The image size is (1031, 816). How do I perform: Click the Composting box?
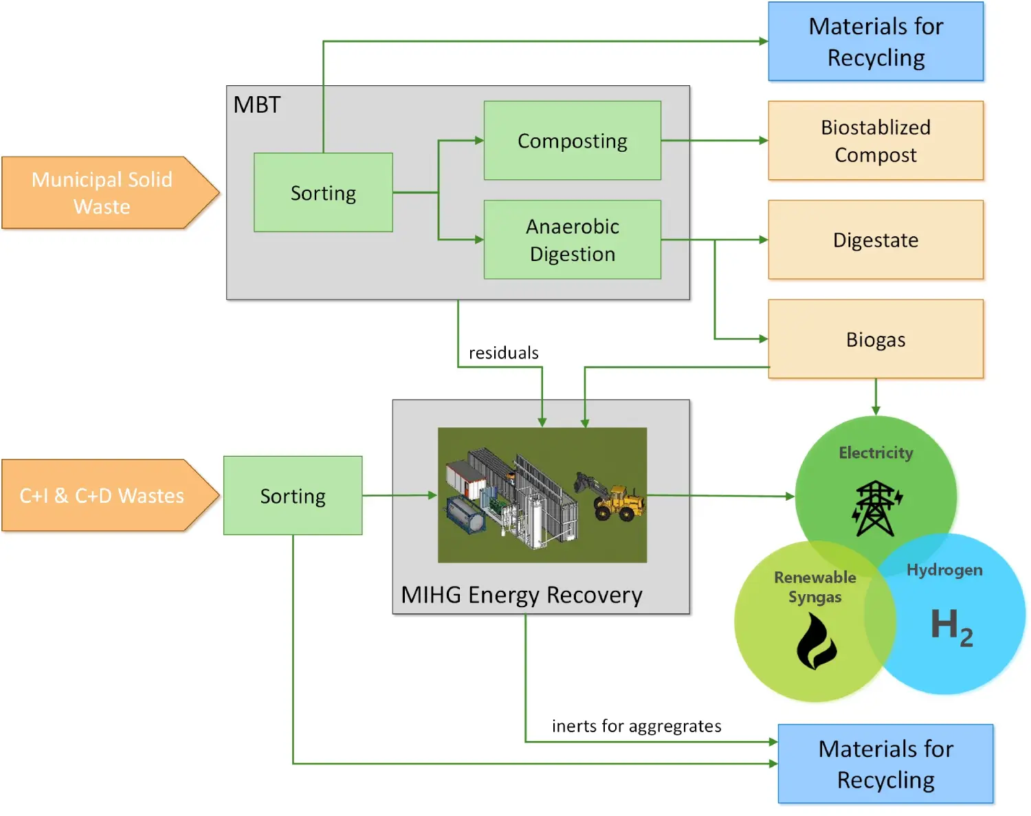[x=572, y=141]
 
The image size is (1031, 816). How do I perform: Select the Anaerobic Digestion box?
[x=572, y=240]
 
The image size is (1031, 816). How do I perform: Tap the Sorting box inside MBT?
[x=323, y=192]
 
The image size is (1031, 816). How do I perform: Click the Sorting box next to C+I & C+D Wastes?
[x=293, y=495]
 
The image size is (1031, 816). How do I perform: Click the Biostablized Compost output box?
[x=875, y=141]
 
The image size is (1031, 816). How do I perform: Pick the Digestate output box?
[x=875, y=240]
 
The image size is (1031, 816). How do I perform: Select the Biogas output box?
[x=875, y=339]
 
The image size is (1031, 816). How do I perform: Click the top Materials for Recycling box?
[x=875, y=41]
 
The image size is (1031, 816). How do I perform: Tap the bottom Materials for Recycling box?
[x=885, y=764]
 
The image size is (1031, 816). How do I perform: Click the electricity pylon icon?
[x=876, y=508]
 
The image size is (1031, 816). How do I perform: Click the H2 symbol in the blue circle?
[x=951, y=626]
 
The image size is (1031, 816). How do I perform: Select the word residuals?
[x=503, y=353]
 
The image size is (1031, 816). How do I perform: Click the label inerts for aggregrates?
[x=636, y=726]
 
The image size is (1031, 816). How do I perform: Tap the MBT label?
[x=257, y=105]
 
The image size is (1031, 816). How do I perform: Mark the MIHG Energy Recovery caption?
[x=522, y=595]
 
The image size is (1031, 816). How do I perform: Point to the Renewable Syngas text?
[x=815, y=587]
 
